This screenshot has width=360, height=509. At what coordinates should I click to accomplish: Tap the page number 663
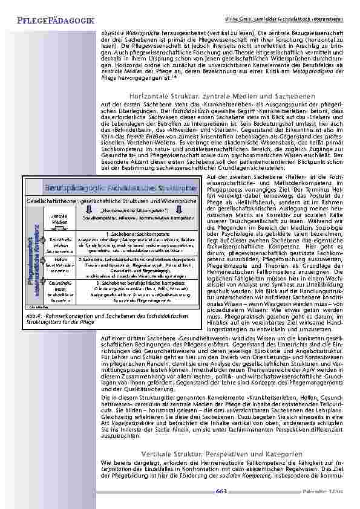pyautogui.click(x=221, y=491)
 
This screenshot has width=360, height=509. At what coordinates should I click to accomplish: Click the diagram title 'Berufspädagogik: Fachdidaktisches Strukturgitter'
pyautogui.click(x=117, y=187)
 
